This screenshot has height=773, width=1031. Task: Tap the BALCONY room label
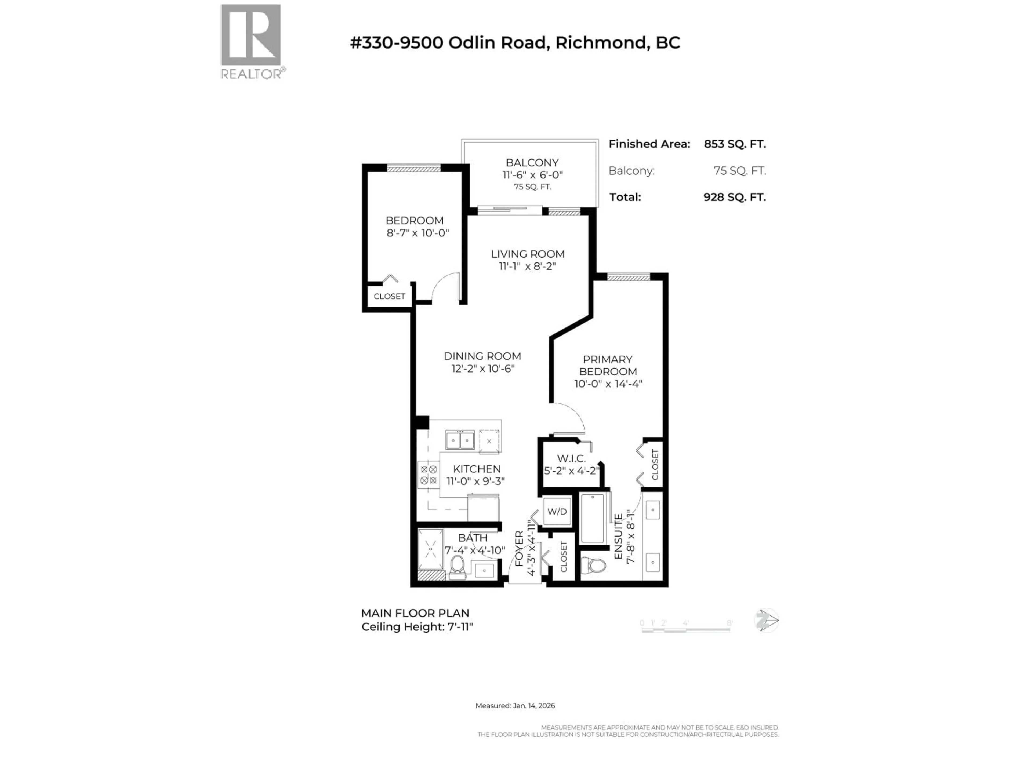point(532,163)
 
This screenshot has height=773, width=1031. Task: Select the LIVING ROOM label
point(528,254)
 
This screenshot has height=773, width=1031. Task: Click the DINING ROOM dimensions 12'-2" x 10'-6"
point(482,369)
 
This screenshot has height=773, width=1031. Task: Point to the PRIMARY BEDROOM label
point(608,365)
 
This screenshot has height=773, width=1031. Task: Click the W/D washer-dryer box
point(557,512)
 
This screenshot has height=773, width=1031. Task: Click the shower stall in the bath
point(430,550)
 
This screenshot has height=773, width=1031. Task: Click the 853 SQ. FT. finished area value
point(735,144)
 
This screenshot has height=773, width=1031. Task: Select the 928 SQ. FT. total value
point(735,197)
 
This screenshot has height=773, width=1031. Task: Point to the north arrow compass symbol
point(766,621)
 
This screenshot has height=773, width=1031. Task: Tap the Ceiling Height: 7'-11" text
point(417,627)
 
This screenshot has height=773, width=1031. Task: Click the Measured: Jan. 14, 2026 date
point(515,705)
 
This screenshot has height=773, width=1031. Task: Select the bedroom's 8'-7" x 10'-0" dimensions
point(417,233)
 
